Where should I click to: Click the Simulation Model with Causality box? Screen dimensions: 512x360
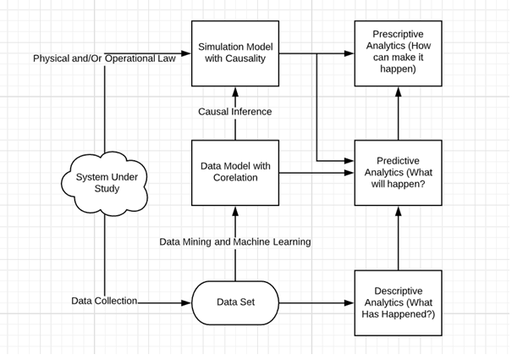click(x=235, y=53)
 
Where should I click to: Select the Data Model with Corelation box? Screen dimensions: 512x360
click(x=235, y=173)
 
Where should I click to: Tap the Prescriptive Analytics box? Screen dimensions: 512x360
click(x=398, y=53)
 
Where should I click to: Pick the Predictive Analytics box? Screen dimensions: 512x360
click(x=398, y=173)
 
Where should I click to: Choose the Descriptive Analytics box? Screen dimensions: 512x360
click(x=398, y=302)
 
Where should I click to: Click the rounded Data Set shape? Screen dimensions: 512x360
click(x=235, y=302)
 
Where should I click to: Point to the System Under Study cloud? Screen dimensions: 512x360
click(x=104, y=183)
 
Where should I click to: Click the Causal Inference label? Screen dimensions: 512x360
click(x=235, y=112)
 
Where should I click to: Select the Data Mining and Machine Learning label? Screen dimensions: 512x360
click(x=235, y=241)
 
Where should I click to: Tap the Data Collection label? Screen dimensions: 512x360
click(x=104, y=301)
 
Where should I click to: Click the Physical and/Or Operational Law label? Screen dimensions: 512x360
click(x=104, y=58)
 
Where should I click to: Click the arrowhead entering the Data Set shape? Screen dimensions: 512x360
click(x=186, y=303)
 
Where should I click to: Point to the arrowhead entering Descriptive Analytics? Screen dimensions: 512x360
click(x=350, y=303)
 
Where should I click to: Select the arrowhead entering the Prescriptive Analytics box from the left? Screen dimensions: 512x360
click(x=350, y=53)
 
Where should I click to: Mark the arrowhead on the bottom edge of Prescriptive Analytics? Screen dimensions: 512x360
click(x=398, y=91)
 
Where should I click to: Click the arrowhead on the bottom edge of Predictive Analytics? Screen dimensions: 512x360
click(x=398, y=211)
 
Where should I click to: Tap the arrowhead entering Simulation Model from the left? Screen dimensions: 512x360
click(x=186, y=53)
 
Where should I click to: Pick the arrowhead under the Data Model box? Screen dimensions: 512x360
click(x=235, y=211)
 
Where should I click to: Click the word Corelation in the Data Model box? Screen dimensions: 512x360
click(x=235, y=178)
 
